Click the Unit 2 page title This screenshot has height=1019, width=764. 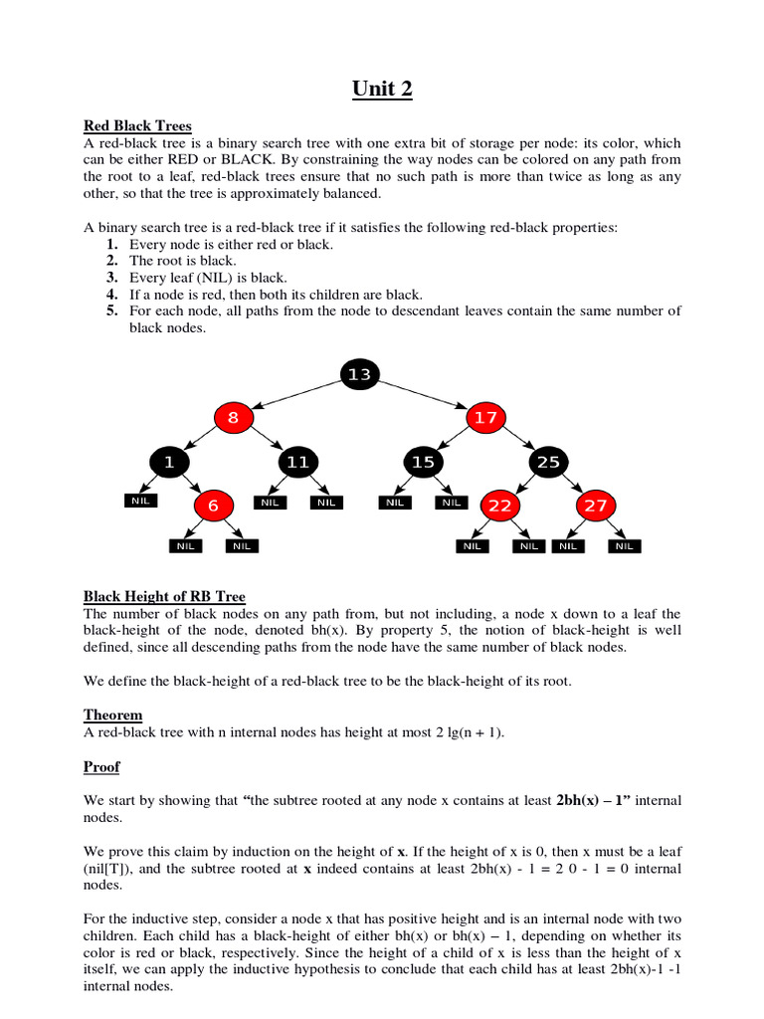coord(382,89)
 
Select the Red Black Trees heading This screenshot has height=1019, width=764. coord(137,126)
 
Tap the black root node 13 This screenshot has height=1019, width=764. coord(359,374)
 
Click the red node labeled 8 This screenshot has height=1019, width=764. coord(233,418)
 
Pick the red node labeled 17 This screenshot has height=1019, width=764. coord(484,418)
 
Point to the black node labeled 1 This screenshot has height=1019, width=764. coord(169,462)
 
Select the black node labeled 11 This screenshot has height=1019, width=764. coord(296,462)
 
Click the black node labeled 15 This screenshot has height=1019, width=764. coord(423,462)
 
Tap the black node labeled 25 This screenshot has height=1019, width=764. coord(548,462)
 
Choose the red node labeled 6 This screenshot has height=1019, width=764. coord(212,506)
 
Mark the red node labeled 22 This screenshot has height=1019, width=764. coord(499,506)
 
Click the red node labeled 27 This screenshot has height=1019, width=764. coord(595,506)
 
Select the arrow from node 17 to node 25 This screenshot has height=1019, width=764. coord(516,440)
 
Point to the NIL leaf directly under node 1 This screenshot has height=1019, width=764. coord(140,502)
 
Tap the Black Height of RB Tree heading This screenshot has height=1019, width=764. coord(164,597)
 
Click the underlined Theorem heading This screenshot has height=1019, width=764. coord(112,715)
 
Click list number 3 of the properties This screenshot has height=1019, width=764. coord(113,278)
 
